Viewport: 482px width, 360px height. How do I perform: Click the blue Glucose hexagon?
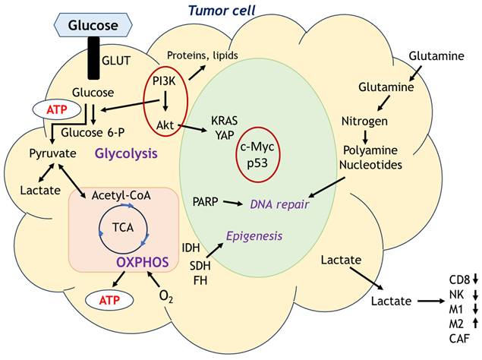pos(94,26)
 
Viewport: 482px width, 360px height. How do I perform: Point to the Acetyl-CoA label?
pos(122,196)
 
